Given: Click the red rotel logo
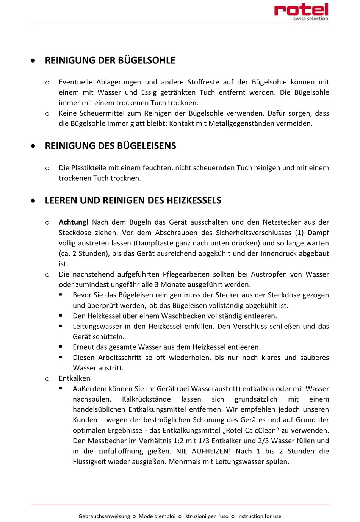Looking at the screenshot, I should pos(301,9).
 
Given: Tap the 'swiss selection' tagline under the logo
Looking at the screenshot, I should pos(310,19).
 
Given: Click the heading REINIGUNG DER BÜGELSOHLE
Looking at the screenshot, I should pos(110,61).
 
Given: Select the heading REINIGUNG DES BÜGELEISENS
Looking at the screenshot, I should pos(110,146).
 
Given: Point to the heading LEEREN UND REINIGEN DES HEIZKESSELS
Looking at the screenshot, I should pos(133,201).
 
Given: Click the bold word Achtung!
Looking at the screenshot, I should pos(74,222).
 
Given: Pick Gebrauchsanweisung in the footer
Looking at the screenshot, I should pos(104,516).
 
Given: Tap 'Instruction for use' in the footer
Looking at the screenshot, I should pos(259,516).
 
